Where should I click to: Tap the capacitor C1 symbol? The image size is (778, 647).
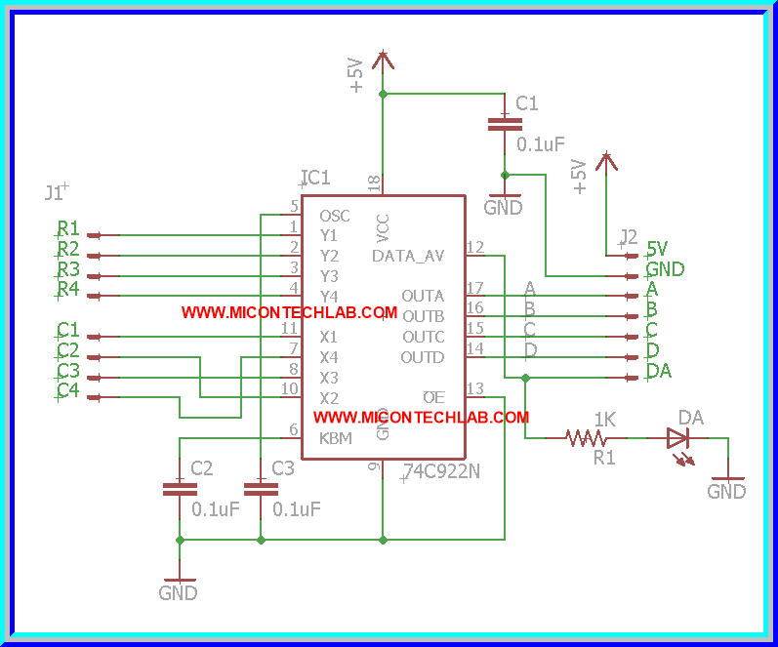click(x=504, y=123)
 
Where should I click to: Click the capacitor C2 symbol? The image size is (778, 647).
click(x=179, y=487)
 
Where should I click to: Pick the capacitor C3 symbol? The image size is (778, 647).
click(x=260, y=487)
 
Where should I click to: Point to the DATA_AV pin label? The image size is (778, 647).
click(x=408, y=256)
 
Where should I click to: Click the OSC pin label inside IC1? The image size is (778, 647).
click(x=334, y=216)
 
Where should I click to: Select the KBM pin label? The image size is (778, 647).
click(x=335, y=439)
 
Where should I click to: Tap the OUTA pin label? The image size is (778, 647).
click(x=423, y=296)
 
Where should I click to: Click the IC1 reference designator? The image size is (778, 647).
click(x=315, y=178)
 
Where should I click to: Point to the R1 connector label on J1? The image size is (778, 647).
click(x=67, y=228)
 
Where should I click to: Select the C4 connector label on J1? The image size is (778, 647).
click(x=67, y=390)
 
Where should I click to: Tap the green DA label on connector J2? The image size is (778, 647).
click(x=659, y=371)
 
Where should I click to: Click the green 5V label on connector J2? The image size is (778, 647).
click(x=657, y=248)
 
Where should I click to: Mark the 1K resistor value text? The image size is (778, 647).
click(x=604, y=419)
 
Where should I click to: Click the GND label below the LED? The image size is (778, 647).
click(x=726, y=492)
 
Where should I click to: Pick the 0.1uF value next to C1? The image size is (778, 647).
click(x=541, y=144)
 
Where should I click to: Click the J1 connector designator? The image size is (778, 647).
click(x=55, y=192)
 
